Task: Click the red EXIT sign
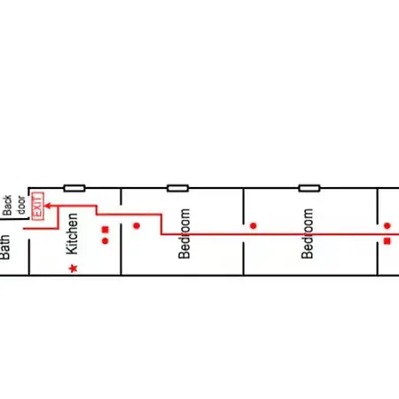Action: point(38,206)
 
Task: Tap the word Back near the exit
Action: point(7,205)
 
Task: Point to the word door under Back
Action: point(21,205)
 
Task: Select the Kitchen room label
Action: point(72,233)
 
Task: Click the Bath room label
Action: point(5,247)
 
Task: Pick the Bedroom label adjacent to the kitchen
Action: point(184,234)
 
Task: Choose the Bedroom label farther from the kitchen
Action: point(307,234)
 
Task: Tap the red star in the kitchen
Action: point(74,269)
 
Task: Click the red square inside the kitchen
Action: point(106,230)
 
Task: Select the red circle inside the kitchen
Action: point(106,241)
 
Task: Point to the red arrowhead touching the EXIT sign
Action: point(47,206)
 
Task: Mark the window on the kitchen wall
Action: point(74,188)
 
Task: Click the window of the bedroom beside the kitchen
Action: point(177,188)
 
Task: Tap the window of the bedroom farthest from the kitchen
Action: point(309,188)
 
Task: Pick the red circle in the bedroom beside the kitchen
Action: point(137,226)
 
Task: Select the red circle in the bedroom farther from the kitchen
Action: point(253,226)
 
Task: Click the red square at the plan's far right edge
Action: point(387,241)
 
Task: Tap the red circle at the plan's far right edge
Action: point(387,226)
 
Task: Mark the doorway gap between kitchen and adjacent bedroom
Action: point(121,215)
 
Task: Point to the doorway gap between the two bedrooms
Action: point(244,233)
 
